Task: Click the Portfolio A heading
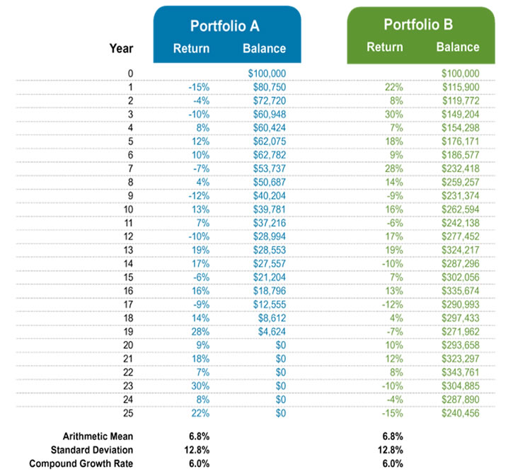click(225, 27)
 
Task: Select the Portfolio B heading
click(417, 25)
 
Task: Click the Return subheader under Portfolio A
click(191, 49)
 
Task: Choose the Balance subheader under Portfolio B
click(457, 47)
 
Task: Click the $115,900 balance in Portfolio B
click(460, 86)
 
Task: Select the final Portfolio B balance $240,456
click(460, 410)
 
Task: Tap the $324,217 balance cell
click(460, 248)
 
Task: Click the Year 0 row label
click(129, 73)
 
